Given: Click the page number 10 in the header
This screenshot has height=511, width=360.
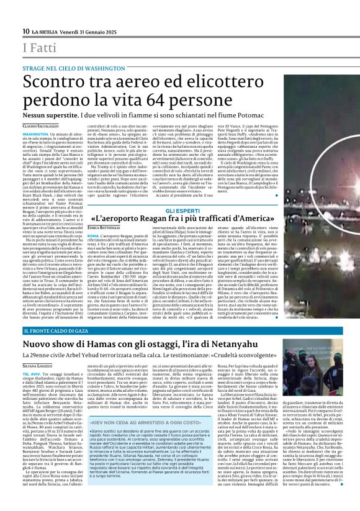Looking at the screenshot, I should click(x=25, y=31).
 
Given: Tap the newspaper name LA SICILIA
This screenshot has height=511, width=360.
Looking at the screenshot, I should click(x=46, y=31).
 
